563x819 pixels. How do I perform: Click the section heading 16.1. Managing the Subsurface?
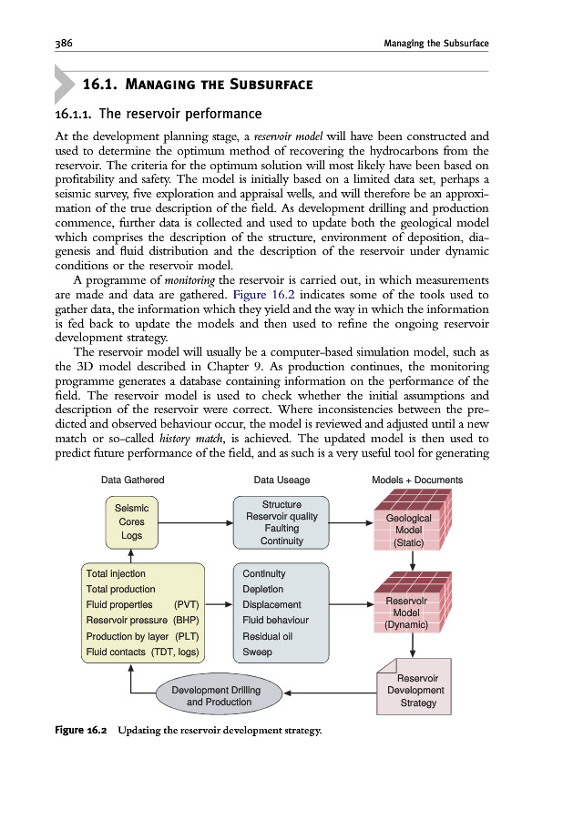[198, 85]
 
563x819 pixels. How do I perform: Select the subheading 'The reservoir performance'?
[180, 115]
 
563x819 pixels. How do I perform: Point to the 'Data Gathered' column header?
[132, 480]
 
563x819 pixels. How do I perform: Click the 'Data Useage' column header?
[281, 480]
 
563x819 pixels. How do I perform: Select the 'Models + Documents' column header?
[417, 480]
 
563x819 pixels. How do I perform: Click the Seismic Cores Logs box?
[132, 522]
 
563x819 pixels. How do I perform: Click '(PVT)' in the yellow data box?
[186, 604]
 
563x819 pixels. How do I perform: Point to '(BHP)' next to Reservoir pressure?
[186, 620]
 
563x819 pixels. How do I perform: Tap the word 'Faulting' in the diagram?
[281, 529]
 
